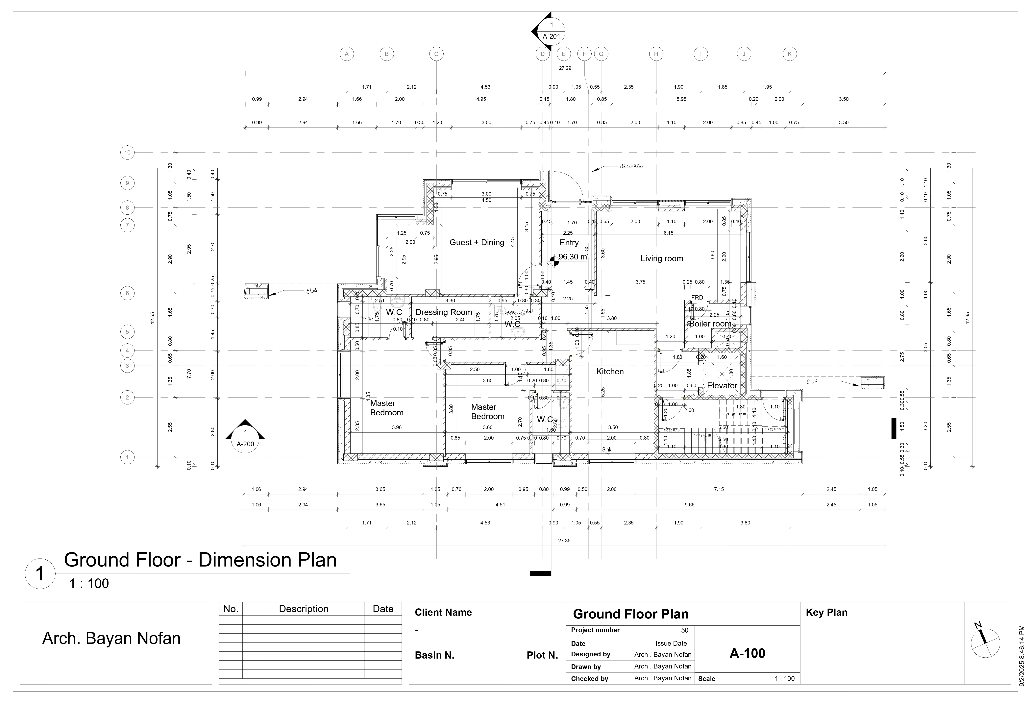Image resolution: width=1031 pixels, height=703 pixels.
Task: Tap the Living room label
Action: coord(661,259)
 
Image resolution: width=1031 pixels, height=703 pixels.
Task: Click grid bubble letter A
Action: coord(347,54)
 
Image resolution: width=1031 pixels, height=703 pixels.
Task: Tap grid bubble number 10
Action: coord(127,153)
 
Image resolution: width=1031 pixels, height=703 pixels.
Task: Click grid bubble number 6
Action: coord(127,293)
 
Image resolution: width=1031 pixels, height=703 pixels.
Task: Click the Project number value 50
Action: coord(685,630)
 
